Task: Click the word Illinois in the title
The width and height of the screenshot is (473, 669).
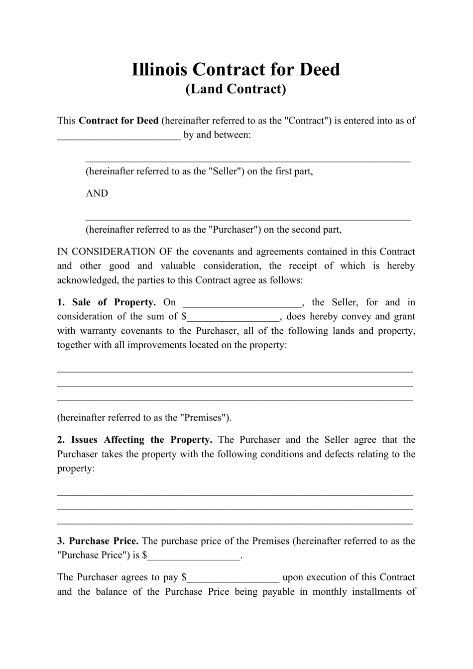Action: point(159,69)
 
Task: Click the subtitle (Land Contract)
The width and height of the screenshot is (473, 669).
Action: point(236,89)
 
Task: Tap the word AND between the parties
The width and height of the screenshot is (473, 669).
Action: point(97,193)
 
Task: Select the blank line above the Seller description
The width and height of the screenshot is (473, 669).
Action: point(248,160)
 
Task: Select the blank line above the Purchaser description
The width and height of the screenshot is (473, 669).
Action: point(248,218)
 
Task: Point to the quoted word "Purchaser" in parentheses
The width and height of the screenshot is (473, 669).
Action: point(234,230)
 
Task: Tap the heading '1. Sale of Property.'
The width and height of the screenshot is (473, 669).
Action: point(107,302)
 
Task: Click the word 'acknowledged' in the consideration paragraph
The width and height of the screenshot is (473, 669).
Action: point(87,280)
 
